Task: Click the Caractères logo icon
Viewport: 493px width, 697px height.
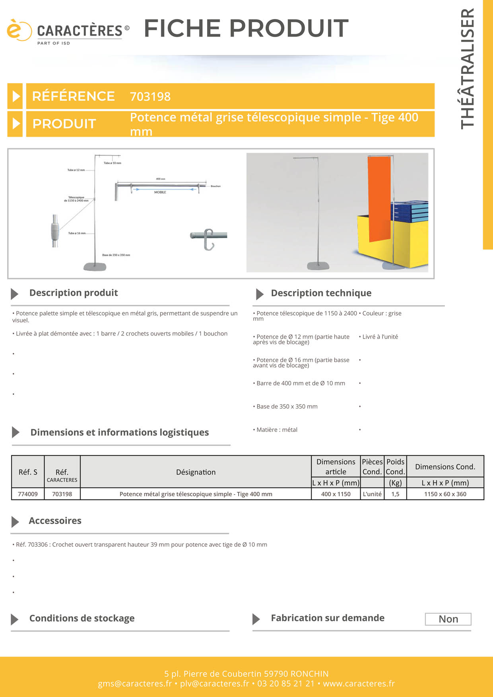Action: point(18,30)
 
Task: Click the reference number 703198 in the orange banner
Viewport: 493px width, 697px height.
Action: point(150,97)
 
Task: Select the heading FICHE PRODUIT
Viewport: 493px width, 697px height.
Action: point(246,28)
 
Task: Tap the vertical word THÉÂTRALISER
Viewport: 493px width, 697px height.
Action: point(468,68)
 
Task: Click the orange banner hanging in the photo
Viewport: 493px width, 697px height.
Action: point(379,199)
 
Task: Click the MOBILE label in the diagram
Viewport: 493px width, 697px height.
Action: point(160,192)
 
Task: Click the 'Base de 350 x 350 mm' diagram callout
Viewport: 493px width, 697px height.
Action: point(116,255)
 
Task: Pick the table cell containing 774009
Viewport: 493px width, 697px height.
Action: point(28,494)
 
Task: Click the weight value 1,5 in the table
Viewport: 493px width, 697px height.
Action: point(395,494)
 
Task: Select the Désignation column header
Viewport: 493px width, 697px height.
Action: point(196,472)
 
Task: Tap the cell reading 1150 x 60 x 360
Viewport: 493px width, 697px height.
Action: point(445,494)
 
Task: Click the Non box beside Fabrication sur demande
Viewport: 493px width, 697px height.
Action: point(448,619)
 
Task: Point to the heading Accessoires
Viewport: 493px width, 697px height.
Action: point(55,521)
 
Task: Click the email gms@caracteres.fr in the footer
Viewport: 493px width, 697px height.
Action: point(135,683)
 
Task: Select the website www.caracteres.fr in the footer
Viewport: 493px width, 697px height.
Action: point(359,683)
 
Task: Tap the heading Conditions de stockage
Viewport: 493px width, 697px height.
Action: point(82,618)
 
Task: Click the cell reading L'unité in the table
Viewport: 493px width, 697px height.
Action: point(372,494)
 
